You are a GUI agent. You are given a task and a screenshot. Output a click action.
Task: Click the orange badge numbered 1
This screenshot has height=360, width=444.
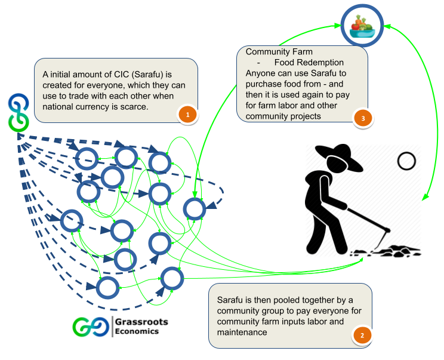(x=187, y=114)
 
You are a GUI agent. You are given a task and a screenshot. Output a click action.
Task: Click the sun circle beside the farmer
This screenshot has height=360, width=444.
(x=406, y=161)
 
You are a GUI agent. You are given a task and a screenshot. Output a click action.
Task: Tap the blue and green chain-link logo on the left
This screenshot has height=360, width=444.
(x=18, y=112)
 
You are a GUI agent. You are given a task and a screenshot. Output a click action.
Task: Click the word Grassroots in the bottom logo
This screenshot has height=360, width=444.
(x=142, y=322)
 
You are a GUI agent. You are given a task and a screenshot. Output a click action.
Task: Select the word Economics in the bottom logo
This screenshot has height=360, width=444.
(x=137, y=331)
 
